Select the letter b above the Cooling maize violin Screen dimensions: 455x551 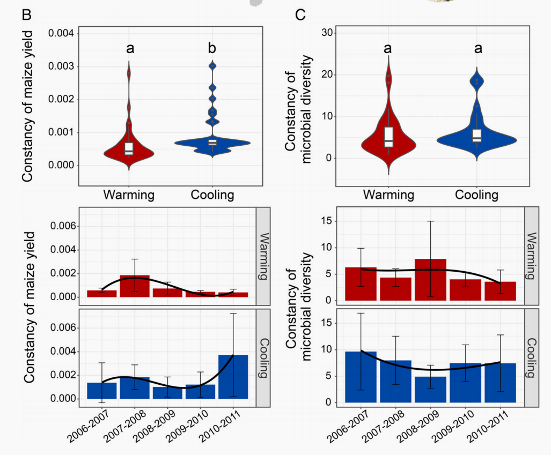coord(212,49)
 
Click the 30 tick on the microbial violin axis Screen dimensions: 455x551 coord(327,33)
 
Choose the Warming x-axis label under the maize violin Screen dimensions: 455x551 coord(129,195)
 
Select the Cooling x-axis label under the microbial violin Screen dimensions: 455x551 coord(477,194)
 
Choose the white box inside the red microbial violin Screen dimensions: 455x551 coord(388,137)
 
